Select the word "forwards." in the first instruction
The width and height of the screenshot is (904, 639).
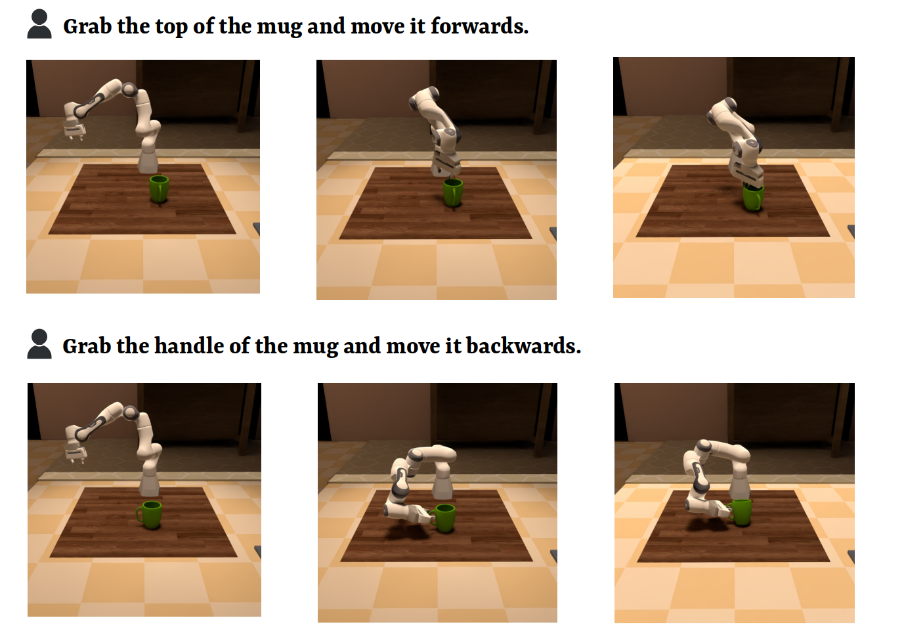[480, 26]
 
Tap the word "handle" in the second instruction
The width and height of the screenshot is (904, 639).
[189, 346]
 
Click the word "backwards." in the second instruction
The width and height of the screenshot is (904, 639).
[524, 346]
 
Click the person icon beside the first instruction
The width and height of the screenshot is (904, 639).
[39, 24]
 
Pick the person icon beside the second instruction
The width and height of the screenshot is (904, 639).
[39, 344]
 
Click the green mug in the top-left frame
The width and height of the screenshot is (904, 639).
[159, 188]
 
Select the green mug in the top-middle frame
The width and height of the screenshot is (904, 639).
[453, 192]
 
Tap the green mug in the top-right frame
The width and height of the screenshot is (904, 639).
[753, 197]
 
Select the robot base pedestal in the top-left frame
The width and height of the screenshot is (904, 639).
[148, 160]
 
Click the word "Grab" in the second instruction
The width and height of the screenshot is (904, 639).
[87, 346]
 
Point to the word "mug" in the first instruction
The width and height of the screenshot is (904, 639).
[280, 28]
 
